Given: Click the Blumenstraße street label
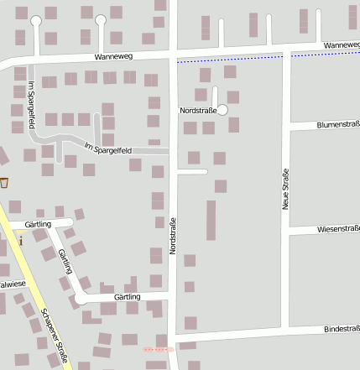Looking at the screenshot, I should click(337, 124).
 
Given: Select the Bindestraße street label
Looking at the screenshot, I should click(341, 330).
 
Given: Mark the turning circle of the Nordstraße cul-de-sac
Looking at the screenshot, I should click(222, 110).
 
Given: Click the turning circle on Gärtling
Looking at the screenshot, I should click(81, 298).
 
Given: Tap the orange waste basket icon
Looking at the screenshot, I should click(4, 182).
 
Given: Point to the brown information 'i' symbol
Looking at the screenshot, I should click(20, 239).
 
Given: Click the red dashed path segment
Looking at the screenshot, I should click(158, 348).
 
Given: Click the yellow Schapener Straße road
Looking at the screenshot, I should click(34, 285).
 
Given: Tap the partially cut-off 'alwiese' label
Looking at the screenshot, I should click(13, 284).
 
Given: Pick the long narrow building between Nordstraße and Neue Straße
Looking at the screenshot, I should click(211, 220).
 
